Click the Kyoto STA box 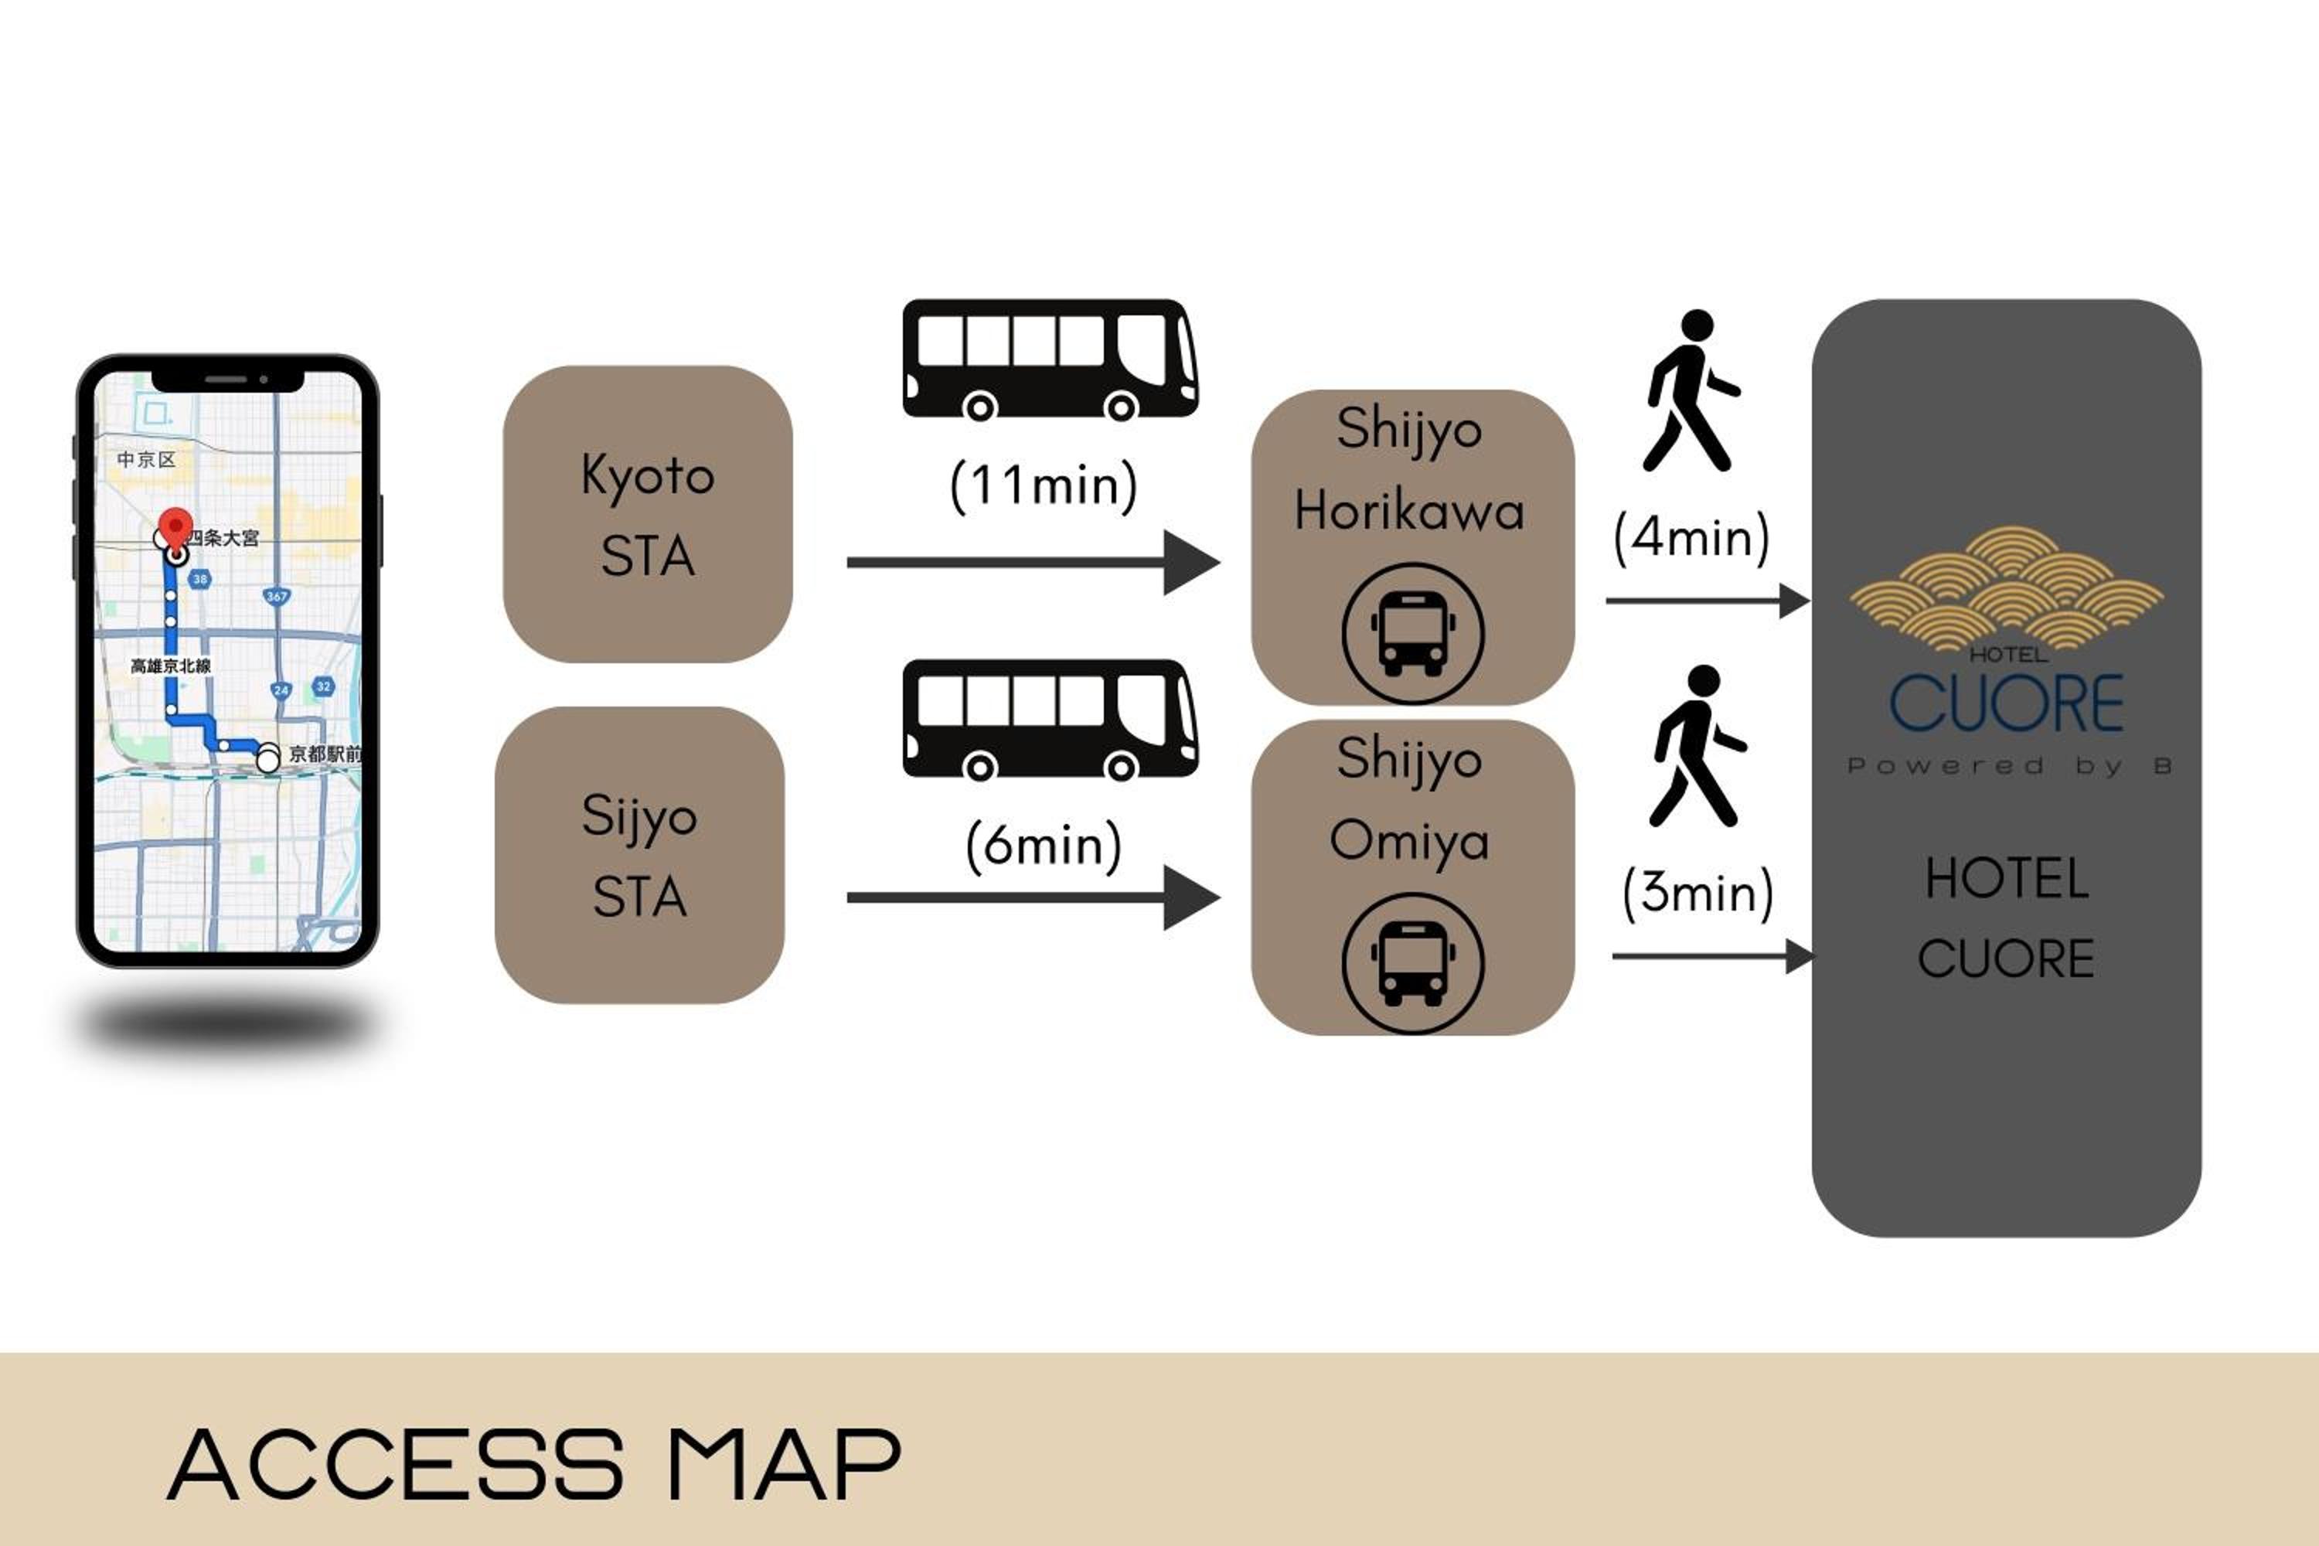coord(647,514)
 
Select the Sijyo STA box coord(639,855)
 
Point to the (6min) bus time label coord(1043,845)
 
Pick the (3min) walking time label coord(1697,892)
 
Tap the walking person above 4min coord(1689,391)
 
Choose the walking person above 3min coord(1696,747)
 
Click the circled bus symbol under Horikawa coord(1412,633)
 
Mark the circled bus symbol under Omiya coord(1412,963)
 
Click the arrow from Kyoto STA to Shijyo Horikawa coord(1032,562)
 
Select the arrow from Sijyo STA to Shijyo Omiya coord(1032,897)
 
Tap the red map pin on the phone coord(176,527)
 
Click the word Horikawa coord(1409,512)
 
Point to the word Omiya coord(1409,841)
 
